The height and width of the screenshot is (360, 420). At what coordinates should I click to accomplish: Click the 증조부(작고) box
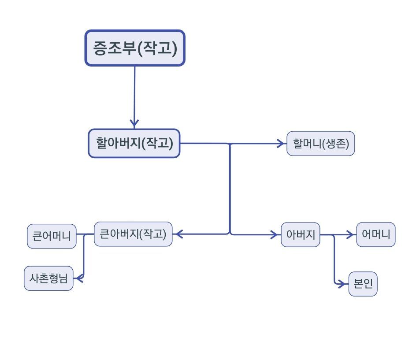pos(134,48)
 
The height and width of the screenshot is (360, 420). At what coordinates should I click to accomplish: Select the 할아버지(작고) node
pos(134,143)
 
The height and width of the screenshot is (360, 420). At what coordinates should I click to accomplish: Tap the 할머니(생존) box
pos(320,143)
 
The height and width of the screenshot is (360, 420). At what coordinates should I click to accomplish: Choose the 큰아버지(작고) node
pos(133,234)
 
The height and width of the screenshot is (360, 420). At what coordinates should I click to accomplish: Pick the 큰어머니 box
pos(52,236)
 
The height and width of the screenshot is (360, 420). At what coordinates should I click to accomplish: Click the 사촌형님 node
pos(48,278)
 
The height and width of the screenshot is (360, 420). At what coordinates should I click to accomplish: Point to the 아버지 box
pos(300,234)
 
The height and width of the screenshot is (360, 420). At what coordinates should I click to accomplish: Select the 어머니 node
pos(375,234)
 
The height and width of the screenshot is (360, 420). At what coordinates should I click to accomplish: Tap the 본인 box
pos(363,284)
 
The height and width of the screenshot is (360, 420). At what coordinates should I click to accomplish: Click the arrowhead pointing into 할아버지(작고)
pos(134,123)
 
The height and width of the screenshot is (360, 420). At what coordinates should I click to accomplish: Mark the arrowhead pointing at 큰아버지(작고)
pos(178,234)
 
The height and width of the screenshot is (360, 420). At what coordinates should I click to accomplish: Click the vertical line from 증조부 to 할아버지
pos(134,93)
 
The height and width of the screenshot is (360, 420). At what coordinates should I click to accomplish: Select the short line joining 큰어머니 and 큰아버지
pos(85,234)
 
